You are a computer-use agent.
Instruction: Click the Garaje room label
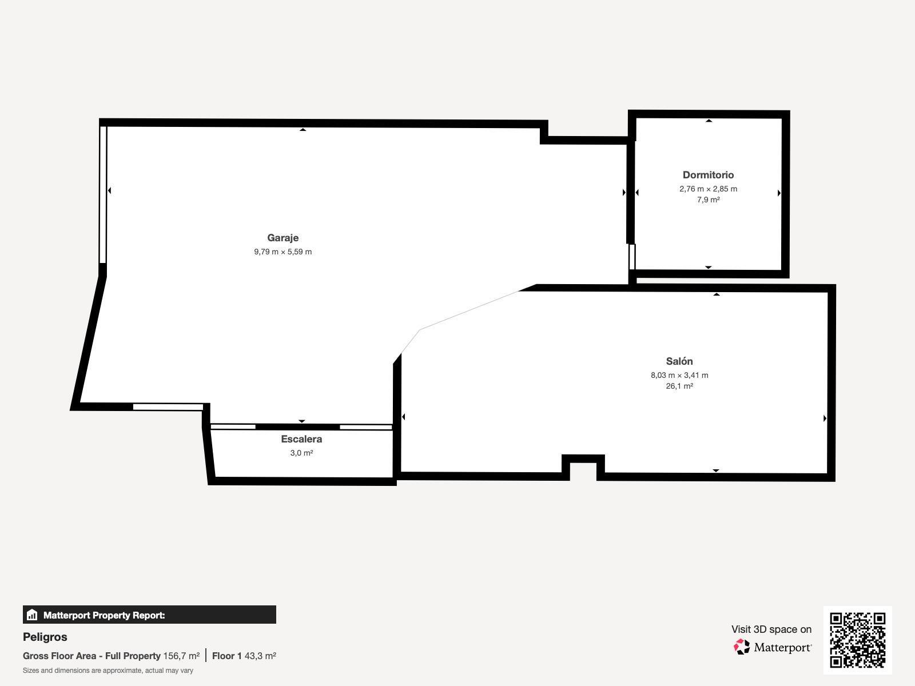(283, 238)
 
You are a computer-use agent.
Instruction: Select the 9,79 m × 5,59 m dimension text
(283, 252)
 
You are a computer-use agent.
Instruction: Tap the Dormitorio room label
(708, 175)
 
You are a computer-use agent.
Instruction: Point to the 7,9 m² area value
(708, 200)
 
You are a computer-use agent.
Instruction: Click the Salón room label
(679, 361)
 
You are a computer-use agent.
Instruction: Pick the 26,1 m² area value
(679, 386)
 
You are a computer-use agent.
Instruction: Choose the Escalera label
(301, 439)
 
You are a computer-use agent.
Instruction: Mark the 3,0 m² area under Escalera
(301, 453)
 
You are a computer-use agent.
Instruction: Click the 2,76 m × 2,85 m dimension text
(708, 189)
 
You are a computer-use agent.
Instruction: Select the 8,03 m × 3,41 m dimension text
(679, 375)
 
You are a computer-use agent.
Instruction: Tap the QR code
(857, 640)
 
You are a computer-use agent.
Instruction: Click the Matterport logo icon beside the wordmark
(742, 647)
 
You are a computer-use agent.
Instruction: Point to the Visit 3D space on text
(771, 629)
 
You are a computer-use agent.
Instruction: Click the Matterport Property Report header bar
(149, 615)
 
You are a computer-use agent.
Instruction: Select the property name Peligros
(45, 637)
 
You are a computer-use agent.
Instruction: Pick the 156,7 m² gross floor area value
(181, 656)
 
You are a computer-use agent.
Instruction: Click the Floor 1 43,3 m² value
(244, 656)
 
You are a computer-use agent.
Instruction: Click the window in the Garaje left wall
(104, 194)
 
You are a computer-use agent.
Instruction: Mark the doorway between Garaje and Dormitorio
(632, 257)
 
